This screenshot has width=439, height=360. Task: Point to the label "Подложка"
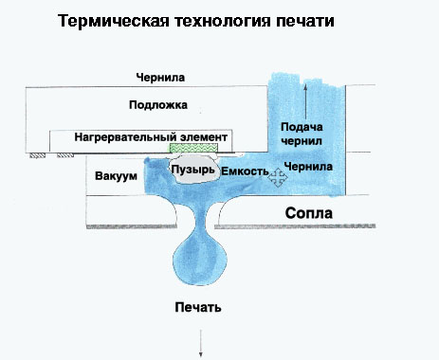coord(162,104)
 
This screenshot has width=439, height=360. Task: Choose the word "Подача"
coord(303,127)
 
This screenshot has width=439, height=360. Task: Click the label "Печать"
coord(199,308)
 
